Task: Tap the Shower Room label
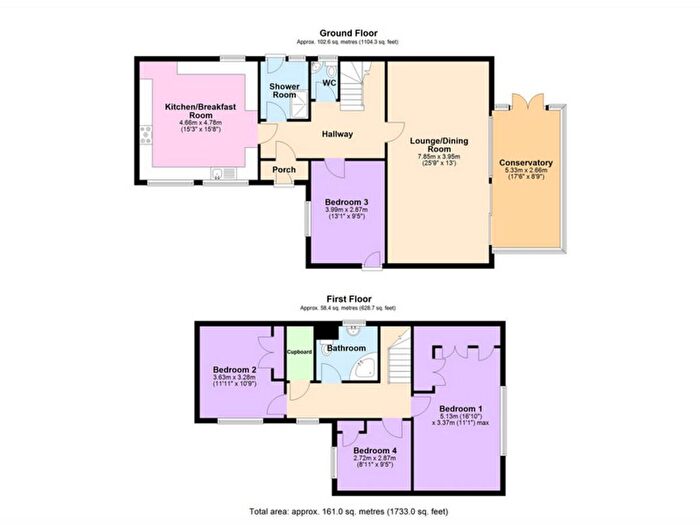pyautogui.click(x=285, y=92)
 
